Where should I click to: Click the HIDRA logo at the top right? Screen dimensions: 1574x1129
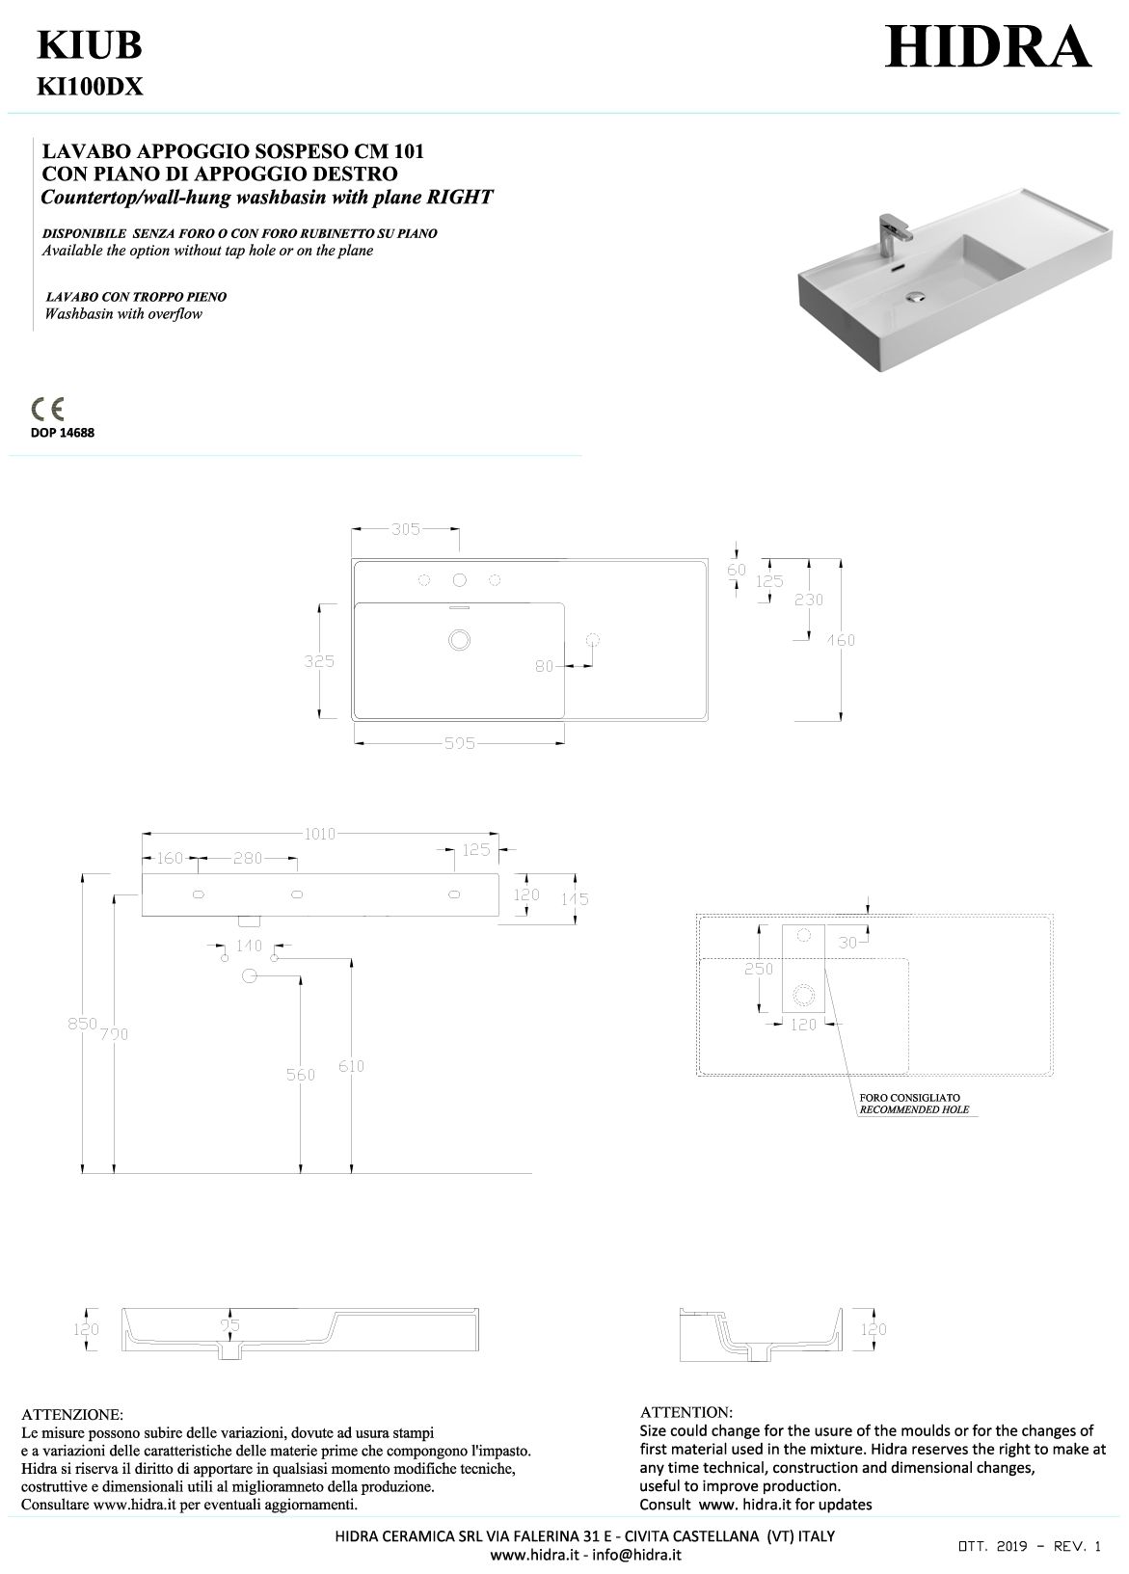pyautogui.click(x=987, y=46)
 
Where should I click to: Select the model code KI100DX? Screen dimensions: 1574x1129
pyautogui.click(x=90, y=88)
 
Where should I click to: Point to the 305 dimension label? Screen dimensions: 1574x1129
pyautogui.click(x=406, y=528)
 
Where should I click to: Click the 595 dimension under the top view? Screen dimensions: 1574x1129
pyautogui.click(x=459, y=743)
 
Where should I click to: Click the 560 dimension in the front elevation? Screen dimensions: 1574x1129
pyautogui.click(x=301, y=1074)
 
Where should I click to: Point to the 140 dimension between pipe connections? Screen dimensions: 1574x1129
pyautogui.click(x=249, y=946)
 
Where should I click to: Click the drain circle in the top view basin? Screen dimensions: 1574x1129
pyautogui.click(x=459, y=639)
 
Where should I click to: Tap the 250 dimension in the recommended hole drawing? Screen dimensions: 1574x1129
pyautogui.click(x=758, y=970)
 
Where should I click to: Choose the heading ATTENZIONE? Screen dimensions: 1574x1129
pyautogui.click(x=72, y=1415)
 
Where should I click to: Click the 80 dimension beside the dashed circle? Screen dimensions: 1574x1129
pyautogui.click(x=546, y=665)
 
